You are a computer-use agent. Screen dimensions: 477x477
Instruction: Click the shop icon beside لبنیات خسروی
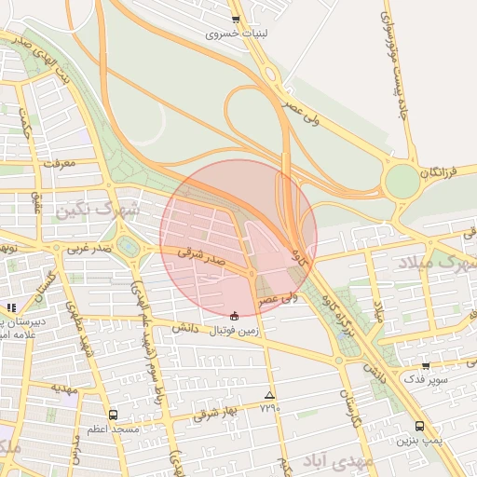(235, 20)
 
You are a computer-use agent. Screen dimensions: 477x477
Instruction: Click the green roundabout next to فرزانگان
(402, 181)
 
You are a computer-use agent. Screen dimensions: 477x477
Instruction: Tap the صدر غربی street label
(89, 249)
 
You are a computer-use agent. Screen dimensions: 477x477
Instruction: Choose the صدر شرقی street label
(203, 256)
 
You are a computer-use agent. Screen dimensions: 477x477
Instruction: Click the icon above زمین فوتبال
(233, 314)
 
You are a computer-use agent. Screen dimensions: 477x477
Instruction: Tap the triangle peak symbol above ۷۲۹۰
(270, 394)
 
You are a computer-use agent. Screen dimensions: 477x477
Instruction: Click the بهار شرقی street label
(216, 413)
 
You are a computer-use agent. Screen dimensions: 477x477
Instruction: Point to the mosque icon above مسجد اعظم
(113, 415)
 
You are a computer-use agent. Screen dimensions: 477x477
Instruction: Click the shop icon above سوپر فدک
(426, 366)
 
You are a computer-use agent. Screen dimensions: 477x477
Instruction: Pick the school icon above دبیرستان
(11, 307)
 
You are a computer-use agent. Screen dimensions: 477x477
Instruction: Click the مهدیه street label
(62, 388)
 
